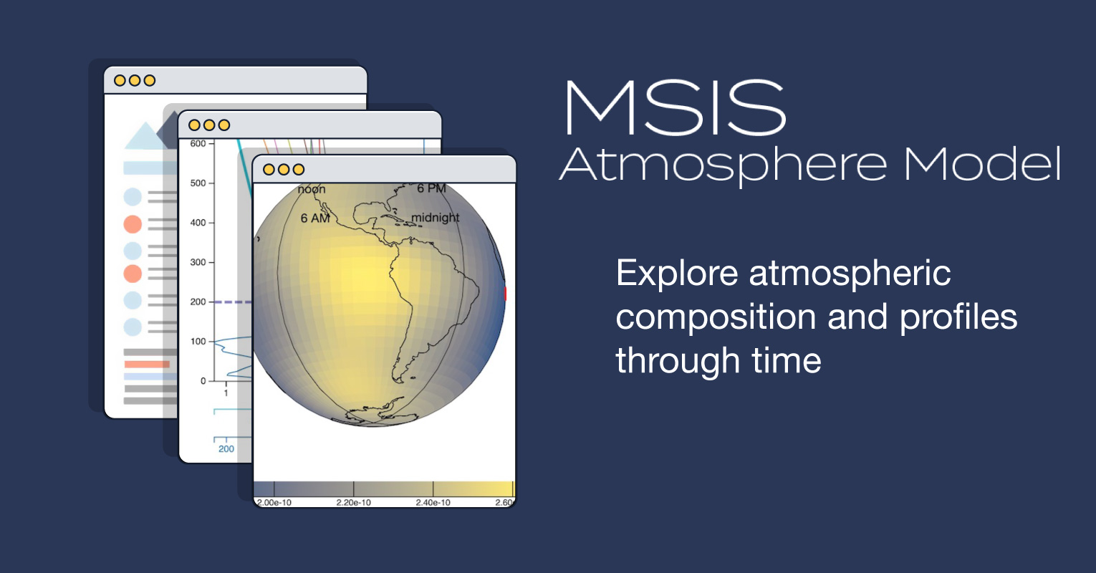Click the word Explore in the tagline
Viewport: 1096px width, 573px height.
tap(676, 274)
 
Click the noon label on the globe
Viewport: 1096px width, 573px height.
tap(312, 190)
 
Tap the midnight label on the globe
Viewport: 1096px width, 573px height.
tap(436, 218)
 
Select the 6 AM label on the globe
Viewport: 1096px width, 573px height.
tap(315, 218)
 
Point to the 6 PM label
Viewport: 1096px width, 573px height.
tap(431, 188)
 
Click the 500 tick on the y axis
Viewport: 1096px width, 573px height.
tap(198, 183)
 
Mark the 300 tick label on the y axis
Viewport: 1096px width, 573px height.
tap(198, 262)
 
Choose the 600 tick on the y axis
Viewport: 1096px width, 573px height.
tap(198, 144)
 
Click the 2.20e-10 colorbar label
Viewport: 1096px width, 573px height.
tap(354, 503)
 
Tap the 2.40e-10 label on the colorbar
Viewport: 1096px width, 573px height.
tap(433, 503)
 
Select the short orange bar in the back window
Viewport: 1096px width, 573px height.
tap(147, 364)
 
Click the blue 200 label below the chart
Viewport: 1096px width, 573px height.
tap(226, 449)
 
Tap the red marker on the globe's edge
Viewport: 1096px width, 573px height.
tap(505, 293)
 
